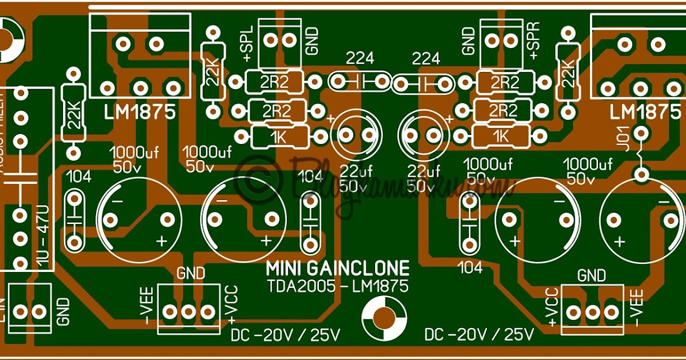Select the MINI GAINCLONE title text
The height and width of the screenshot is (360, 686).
338,269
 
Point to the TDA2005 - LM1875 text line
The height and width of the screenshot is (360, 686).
338,286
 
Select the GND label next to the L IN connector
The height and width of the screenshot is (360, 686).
63,311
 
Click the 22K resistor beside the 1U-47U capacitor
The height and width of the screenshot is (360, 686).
73,114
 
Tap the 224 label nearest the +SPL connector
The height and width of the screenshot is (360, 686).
360,58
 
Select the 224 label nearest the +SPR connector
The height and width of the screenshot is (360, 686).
426,58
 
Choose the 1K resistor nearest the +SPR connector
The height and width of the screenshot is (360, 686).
501,135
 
